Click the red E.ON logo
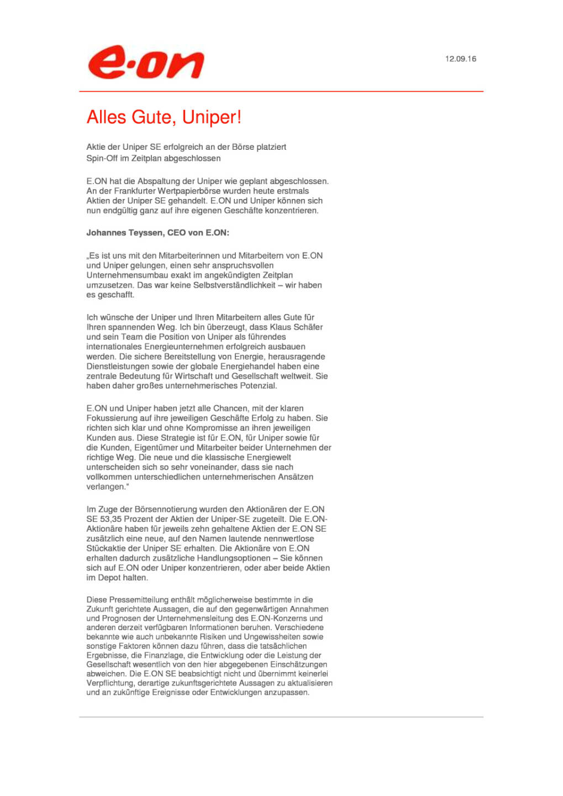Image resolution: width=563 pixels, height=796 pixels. click(x=146, y=62)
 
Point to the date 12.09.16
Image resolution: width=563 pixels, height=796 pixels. click(x=460, y=59)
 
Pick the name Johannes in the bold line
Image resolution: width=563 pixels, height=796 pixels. click(x=106, y=233)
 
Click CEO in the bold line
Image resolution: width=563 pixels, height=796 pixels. click(x=176, y=233)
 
